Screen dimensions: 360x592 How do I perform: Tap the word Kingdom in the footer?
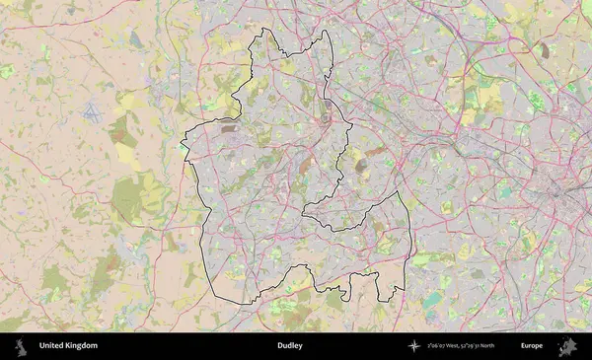tap(82, 346)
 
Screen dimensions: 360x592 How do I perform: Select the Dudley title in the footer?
tap(289, 346)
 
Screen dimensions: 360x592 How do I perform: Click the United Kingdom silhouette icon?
tap(21, 346)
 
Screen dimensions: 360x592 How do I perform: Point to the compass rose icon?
tap(415, 346)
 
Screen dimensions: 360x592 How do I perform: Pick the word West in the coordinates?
tap(455, 346)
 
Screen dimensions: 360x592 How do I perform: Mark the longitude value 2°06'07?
tap(438, 346)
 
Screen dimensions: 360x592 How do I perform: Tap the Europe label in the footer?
tap(532, 346)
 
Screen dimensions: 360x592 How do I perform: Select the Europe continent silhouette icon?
tap(566, 346)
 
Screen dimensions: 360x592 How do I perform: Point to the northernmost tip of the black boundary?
tap(262, 33)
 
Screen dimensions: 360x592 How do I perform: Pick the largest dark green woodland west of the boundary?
tap(126, 197)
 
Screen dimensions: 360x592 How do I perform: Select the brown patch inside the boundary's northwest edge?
tap(229, 128)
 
